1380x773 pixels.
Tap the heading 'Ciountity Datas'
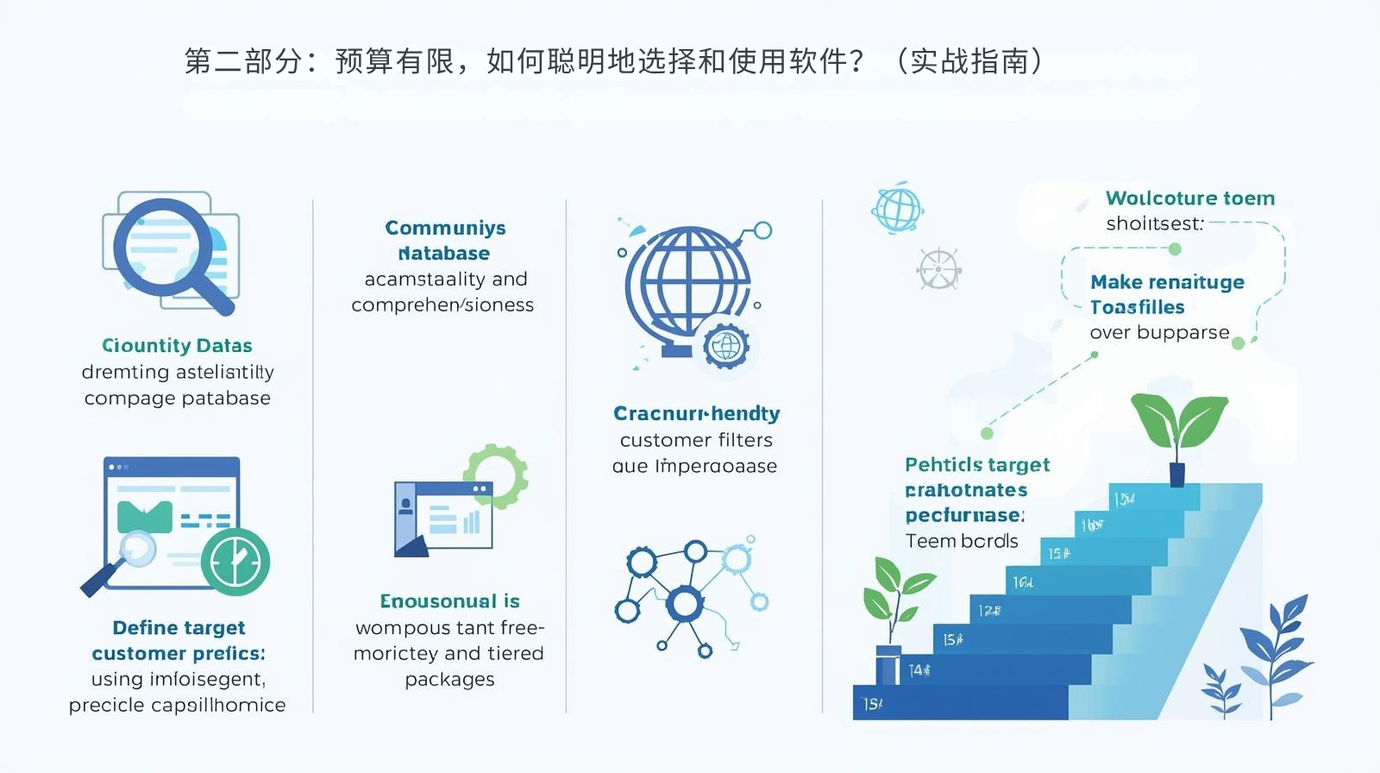(x=177, y=346)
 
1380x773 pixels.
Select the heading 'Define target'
(x=179, y=627)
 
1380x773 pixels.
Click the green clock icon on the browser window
(x=235, y=562)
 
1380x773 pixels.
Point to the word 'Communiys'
(x=445, y=228)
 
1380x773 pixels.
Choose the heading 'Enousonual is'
(x=449, y=601)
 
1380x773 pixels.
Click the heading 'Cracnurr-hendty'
(x=696, y=413)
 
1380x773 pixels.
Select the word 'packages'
(x=449, y=680)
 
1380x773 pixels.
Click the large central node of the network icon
(x=685, y=604)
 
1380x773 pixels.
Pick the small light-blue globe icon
(x=897, y=208)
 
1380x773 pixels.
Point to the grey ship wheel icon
(x=938, y=269)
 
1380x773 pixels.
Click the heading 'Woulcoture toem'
(x=1189, y=198)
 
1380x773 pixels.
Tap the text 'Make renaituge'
(x=1167, y=282)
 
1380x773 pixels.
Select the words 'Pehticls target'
(x=977, y=465)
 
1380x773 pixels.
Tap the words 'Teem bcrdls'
(x=962, y=541)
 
